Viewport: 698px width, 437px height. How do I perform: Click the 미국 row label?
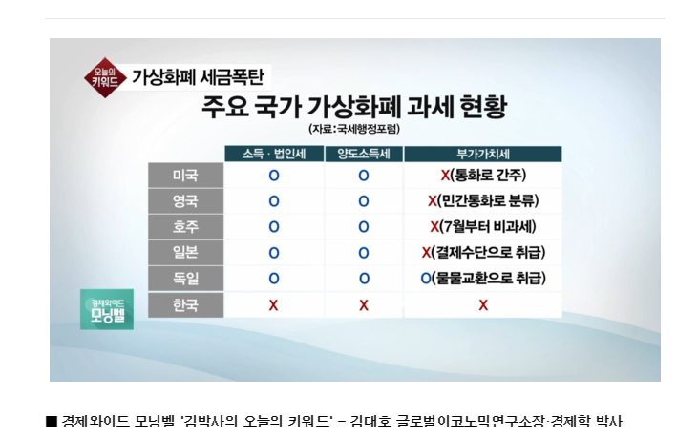point(185,175)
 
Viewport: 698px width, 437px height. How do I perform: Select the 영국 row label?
point(185,200)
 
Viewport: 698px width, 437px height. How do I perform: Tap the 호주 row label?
point(185,226)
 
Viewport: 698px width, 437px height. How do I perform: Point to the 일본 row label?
point(185,252)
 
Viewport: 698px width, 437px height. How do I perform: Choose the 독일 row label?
point(185,278)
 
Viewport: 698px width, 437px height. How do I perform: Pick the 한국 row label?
point(185,304)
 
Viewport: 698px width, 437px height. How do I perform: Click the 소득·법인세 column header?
point(274,154)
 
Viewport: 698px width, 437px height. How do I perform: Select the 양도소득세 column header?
point(364,154)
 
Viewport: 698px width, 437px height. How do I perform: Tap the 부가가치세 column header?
point(483,154)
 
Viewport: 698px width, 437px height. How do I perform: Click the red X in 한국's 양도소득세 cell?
point(364,305)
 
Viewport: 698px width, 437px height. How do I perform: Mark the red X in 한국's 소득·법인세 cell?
point(273,305)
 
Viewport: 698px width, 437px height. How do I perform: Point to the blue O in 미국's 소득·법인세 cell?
point(274,176)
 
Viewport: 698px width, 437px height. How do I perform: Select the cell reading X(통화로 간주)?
point(483,175)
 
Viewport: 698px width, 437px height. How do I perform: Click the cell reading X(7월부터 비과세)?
point(483,226)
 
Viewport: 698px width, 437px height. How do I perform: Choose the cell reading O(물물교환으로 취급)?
point(483,278)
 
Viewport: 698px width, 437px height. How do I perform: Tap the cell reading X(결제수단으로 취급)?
point(483,252)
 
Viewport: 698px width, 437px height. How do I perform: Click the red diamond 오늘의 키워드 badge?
point(105,78)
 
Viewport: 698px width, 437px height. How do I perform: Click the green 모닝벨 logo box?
point(107,309)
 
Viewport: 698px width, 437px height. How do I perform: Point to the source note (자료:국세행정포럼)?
point(354,129)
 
